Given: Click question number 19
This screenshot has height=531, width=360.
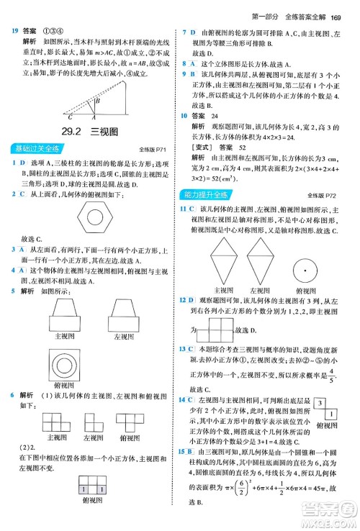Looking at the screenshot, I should coord(14,31).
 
